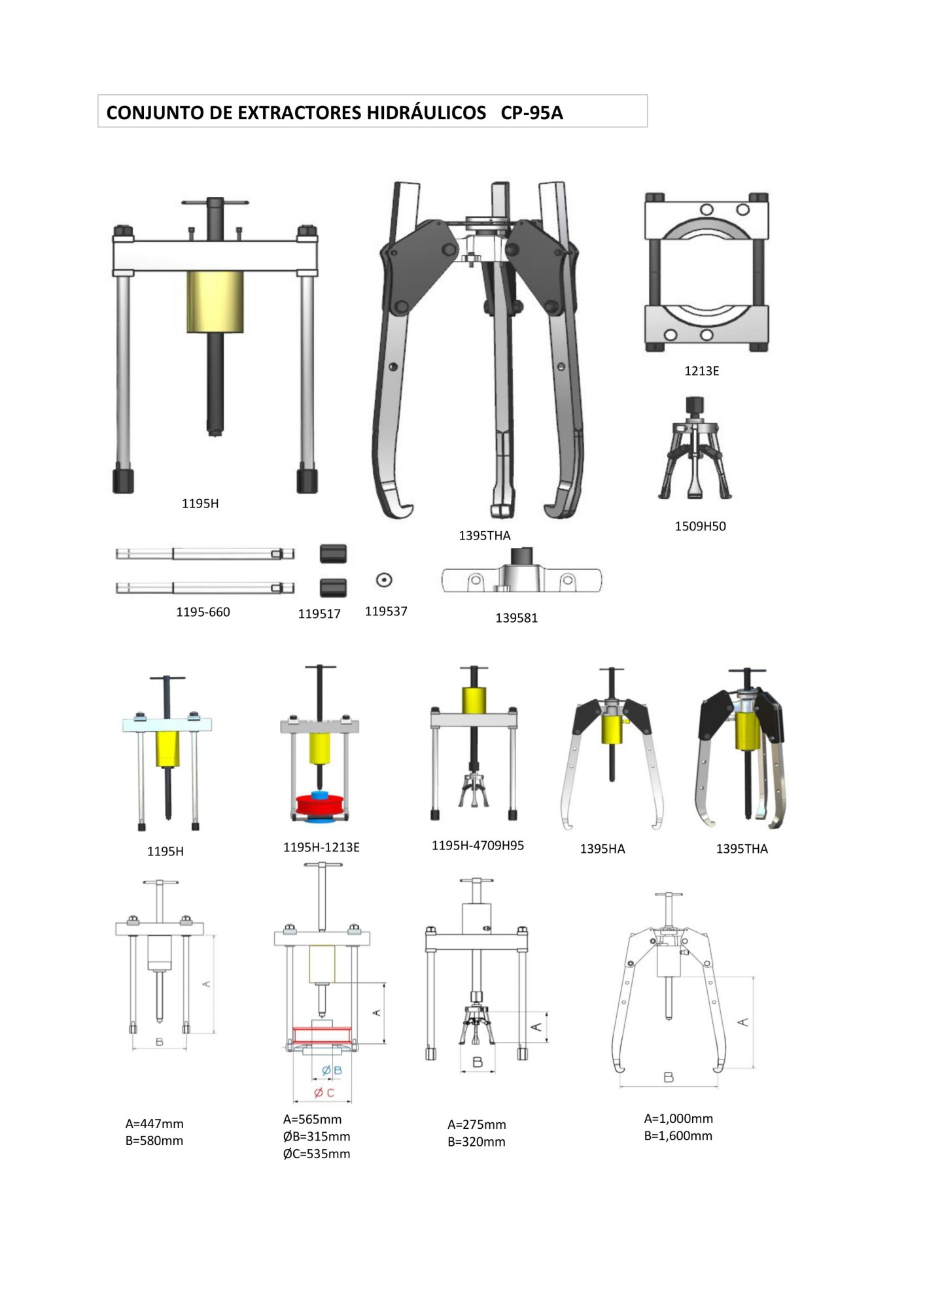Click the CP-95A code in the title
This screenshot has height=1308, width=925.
532,112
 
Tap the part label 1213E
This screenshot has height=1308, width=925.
701,371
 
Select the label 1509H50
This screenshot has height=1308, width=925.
700,526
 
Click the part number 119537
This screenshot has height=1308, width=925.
386,611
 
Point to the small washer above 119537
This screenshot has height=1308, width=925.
384,579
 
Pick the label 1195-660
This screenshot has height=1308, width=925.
203,612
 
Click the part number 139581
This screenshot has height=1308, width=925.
516,618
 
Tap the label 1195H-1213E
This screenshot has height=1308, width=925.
321,847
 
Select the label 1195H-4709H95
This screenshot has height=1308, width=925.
478,845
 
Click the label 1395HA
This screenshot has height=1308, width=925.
602,849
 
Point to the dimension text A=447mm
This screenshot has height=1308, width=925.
154,1124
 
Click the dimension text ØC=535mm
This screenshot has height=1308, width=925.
317,1154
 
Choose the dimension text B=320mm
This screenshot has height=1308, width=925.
476,1141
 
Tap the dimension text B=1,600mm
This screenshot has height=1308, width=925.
678,1135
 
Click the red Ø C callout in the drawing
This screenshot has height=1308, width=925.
324,1092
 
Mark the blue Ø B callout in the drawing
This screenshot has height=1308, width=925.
332,1070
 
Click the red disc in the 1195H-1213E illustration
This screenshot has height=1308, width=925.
321,804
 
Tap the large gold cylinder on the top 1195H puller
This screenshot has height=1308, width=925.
215,302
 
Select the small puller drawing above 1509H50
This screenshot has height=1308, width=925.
694,449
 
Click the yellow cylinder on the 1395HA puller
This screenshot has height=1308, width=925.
612,729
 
